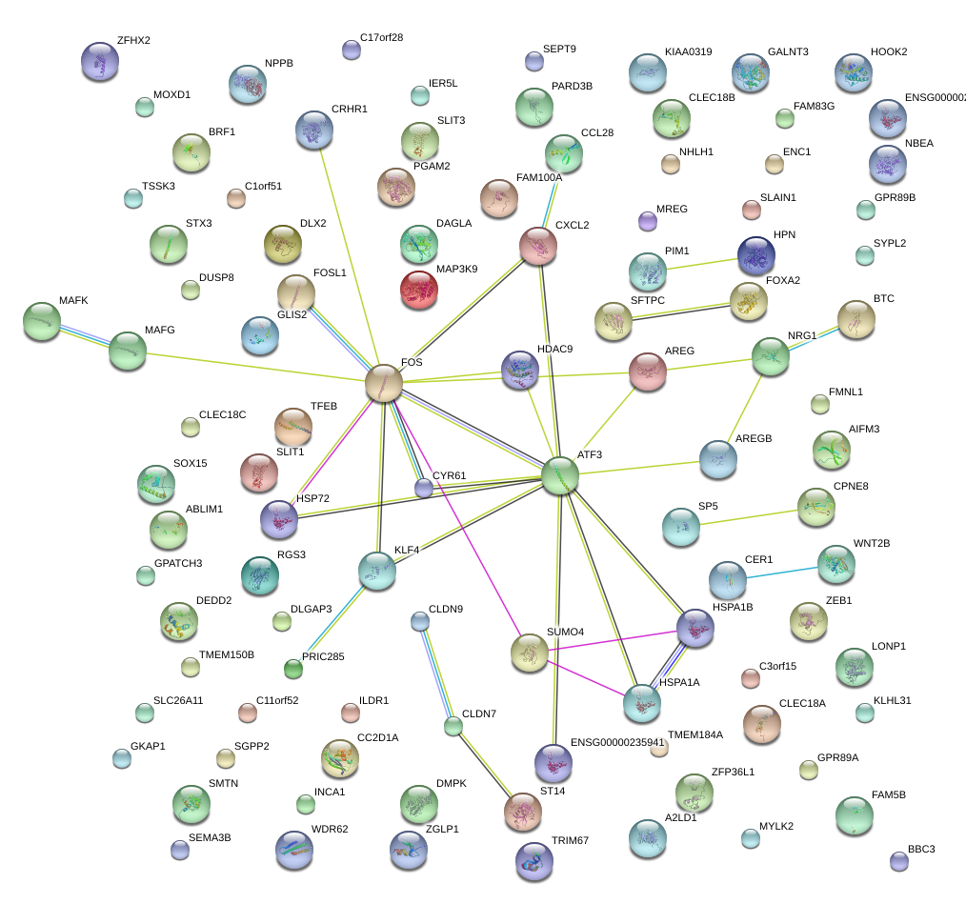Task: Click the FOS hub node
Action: coord(384,383)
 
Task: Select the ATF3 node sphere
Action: coord(560,475)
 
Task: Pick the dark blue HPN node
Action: coord(756,255)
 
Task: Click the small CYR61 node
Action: coord(423,488)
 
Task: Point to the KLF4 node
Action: coord(376,570)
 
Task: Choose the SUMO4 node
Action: coord(529,653)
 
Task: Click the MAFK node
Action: coord(41,321)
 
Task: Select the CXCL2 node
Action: coord(538,246)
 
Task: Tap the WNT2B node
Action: coord(835,564)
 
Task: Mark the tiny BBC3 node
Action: coord(898,861)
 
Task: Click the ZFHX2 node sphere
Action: coord(100,61)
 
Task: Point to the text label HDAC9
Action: coord(555,349)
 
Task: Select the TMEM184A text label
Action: coord(695,734)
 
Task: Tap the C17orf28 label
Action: coord(381,38)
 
